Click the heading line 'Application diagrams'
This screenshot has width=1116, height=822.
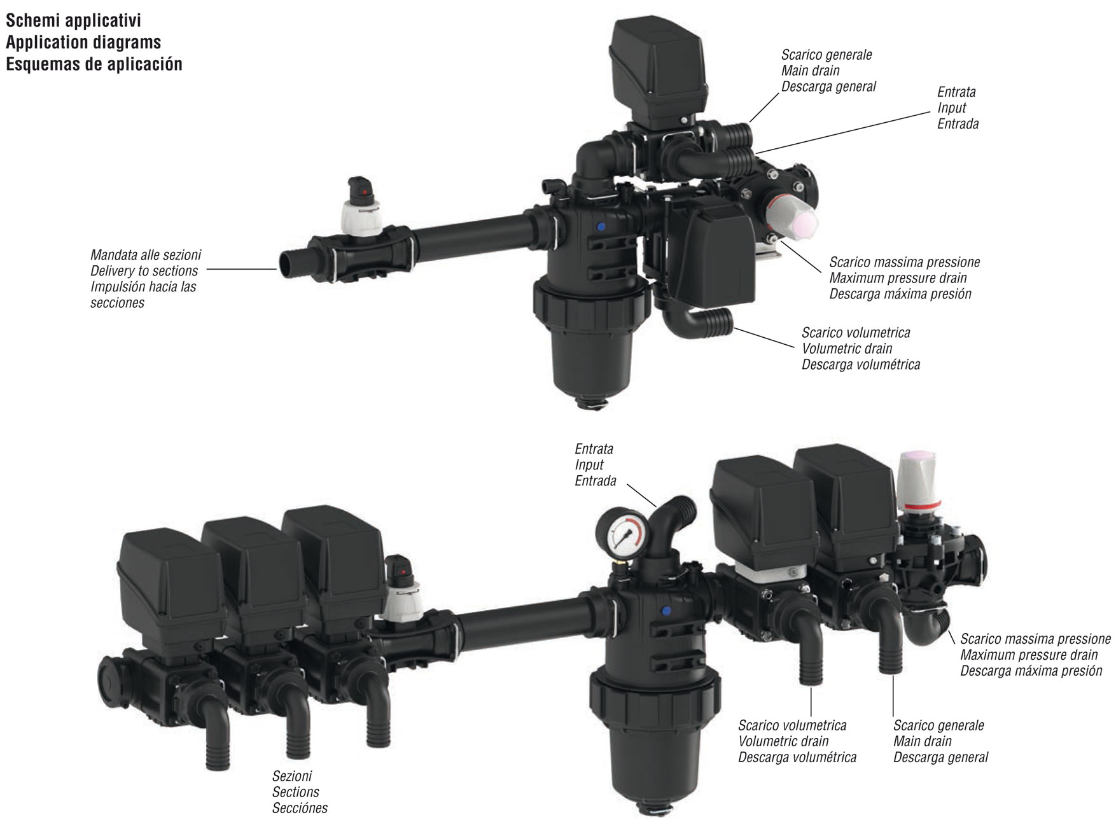(x=83, y=43)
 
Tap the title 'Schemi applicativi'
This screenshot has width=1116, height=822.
(x=74, y=20)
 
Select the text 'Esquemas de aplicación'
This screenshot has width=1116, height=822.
(x=94, y=64)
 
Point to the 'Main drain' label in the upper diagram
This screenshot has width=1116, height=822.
(x=810, y=71)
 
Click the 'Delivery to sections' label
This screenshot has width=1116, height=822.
(x=144, y=271)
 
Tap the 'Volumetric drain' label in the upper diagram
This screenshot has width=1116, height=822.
(x=847, y=349)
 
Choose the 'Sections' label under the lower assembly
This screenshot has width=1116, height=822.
(x=295, y=792)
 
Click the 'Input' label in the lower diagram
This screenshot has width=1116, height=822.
(x=589, y=465)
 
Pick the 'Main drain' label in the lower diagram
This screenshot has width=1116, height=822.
(x=922, y=741)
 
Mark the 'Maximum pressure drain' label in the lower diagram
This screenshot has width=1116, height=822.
(x=1029, y=655)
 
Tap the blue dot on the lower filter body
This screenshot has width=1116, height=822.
(x=666, y=611)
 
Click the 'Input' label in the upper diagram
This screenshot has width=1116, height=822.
(x=951, y=108)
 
